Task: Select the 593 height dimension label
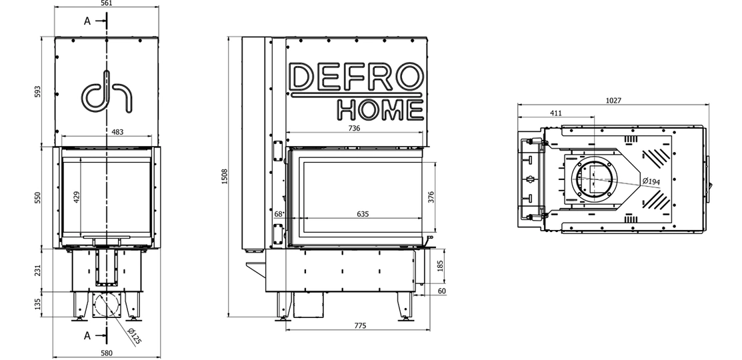pos(38,91)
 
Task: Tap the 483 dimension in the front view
pos(117,132)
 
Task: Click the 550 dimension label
pos(38,197)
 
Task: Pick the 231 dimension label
pos(38,270)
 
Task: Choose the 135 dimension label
pos(38,305)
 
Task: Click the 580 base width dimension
pos(106,353)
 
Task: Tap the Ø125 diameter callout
pos(133,336)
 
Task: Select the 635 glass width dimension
pos(363,214)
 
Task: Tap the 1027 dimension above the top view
pos(613,100)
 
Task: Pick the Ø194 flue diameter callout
pos(651,182)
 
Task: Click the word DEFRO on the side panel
pos(355,77)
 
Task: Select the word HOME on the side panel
pos(379,110)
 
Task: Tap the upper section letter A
pos(87,21)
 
